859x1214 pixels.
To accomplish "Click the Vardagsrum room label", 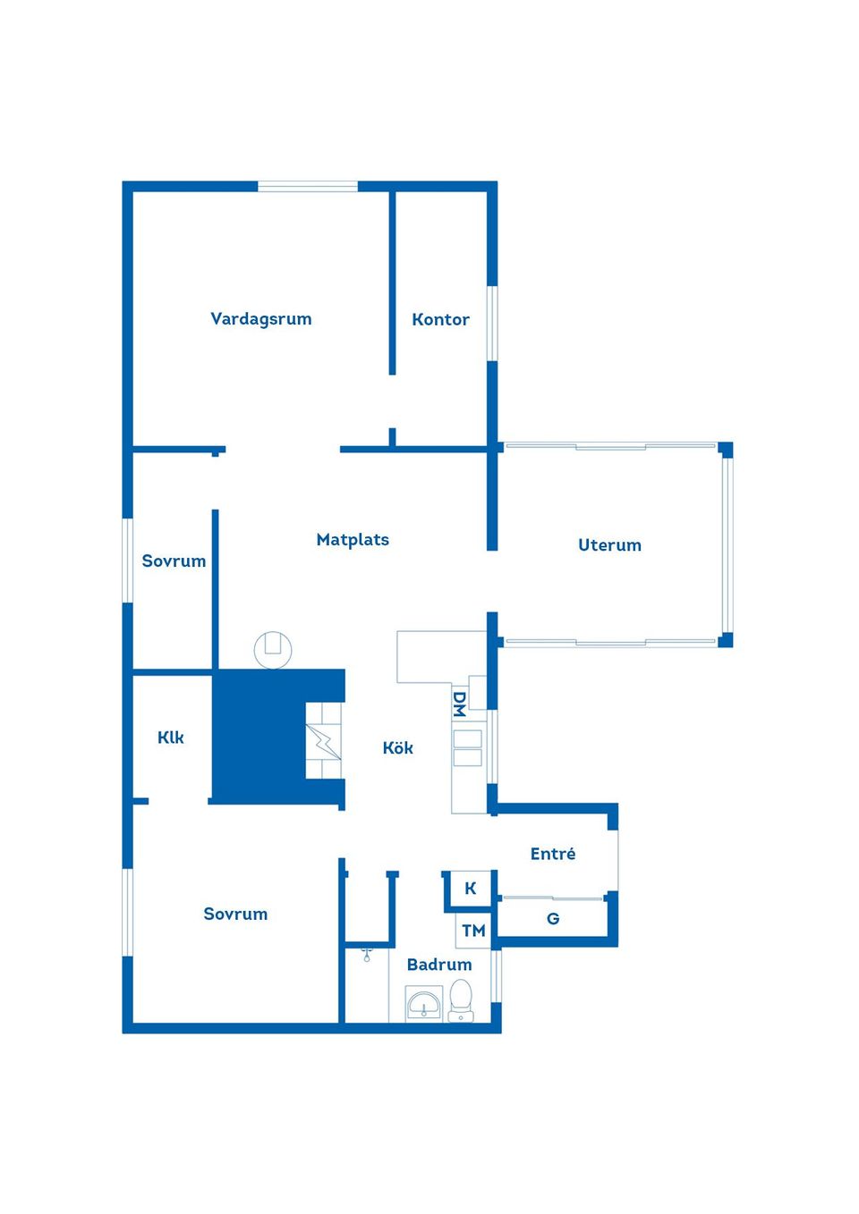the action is pyautogui.click(x=261, y=319).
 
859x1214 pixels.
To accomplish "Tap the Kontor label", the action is pyautogui.click(x=440, y=320).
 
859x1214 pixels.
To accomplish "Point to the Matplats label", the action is pyautogui.click(x=353, y=540).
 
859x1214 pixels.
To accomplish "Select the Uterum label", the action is pyautogui.click(x=609, y=545).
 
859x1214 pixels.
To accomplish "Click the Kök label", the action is pyautogui.click(x=397, y=748).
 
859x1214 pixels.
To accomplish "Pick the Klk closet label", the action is pyautogui.click(x=170, y=738).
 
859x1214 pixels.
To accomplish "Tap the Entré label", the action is pyautogui.click(x=553, y=854).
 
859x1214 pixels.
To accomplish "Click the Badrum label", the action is pyautogui.click(x=439, y=965).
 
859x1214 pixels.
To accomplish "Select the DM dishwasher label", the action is pyautogui.click(x=459, y=704).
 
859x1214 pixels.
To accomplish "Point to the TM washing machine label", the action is pyautogui.click(x=473, y=932).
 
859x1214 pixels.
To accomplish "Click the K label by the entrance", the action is pyautogui.click(x=470, y=889).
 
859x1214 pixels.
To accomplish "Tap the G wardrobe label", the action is pyautogui.click(x=553, y=919).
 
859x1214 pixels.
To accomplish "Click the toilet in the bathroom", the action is pyautogui.click(x=461, y=1000).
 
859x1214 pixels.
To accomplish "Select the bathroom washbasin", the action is pyautogui.click(x=424, y=1004).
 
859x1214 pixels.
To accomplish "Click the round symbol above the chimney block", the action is pyautogui.click(x=273, y=650).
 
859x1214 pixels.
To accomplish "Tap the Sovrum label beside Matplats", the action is pyautogui.click(x=174, y=561).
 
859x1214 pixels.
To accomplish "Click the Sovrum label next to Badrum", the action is pyautogui.click(x=235, y=915).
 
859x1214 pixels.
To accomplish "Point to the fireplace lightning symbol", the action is pyautogui.click(x=323, y=741).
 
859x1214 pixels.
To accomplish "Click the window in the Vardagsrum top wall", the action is pyautogui.click(x=308, y=187).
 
